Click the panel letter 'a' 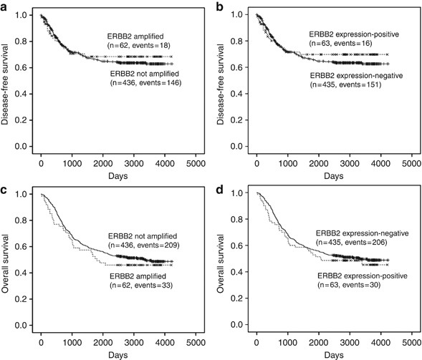(x=4, y=6)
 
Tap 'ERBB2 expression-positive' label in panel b (x=354, y=34)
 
